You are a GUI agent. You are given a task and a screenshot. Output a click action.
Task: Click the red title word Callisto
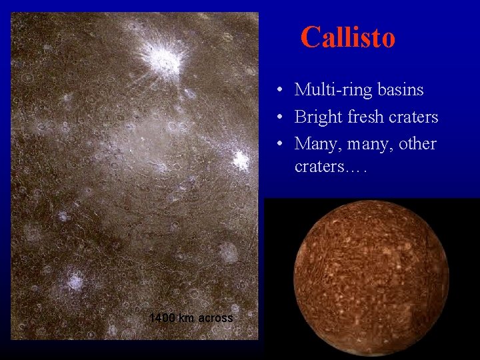(x=347, y=37)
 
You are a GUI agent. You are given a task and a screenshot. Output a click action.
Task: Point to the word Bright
(x=319, y=117)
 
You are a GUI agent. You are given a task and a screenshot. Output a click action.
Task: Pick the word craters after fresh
(x=415, y=117)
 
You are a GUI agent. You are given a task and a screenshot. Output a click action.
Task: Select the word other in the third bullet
(x=417, y=143)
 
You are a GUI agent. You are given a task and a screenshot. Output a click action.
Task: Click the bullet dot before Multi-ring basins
(x=283, y=90)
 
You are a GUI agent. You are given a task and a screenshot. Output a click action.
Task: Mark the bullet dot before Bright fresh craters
(x=283, y=117)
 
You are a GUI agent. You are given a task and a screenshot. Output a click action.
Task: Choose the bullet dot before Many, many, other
(x=283, y=144)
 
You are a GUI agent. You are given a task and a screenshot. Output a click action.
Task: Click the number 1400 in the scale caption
(x=162, y=318)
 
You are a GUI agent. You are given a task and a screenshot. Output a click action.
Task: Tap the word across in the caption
(x=215, y=318)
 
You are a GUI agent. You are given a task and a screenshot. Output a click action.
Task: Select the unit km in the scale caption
(x=187, y=318)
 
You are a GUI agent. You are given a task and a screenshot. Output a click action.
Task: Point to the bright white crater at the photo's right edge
(x=241, y=160)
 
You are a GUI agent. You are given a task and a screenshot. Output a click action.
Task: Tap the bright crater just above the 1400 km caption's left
(x=75, y=281)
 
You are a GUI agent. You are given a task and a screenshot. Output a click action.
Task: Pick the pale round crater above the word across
(x=228, y=252)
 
